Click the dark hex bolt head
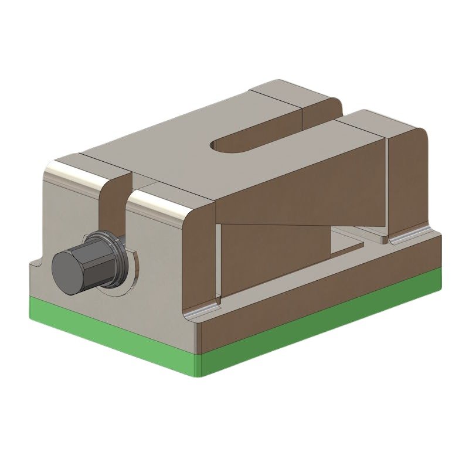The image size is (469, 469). pyautogui.click(x=70, y=267)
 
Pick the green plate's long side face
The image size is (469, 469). pyautogui.click(x=322, y=328)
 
